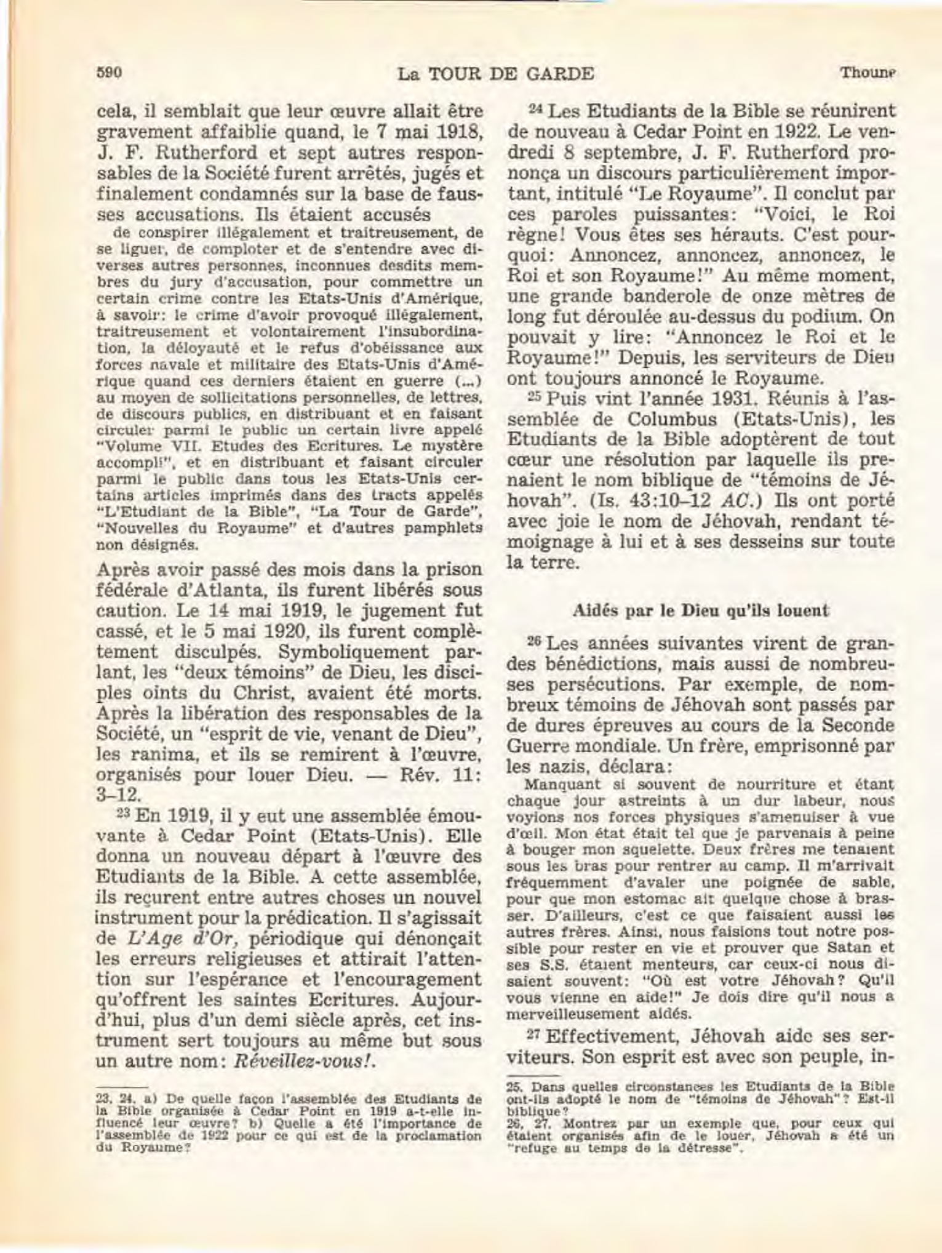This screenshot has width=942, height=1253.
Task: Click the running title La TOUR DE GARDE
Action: [x=495, y=74]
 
